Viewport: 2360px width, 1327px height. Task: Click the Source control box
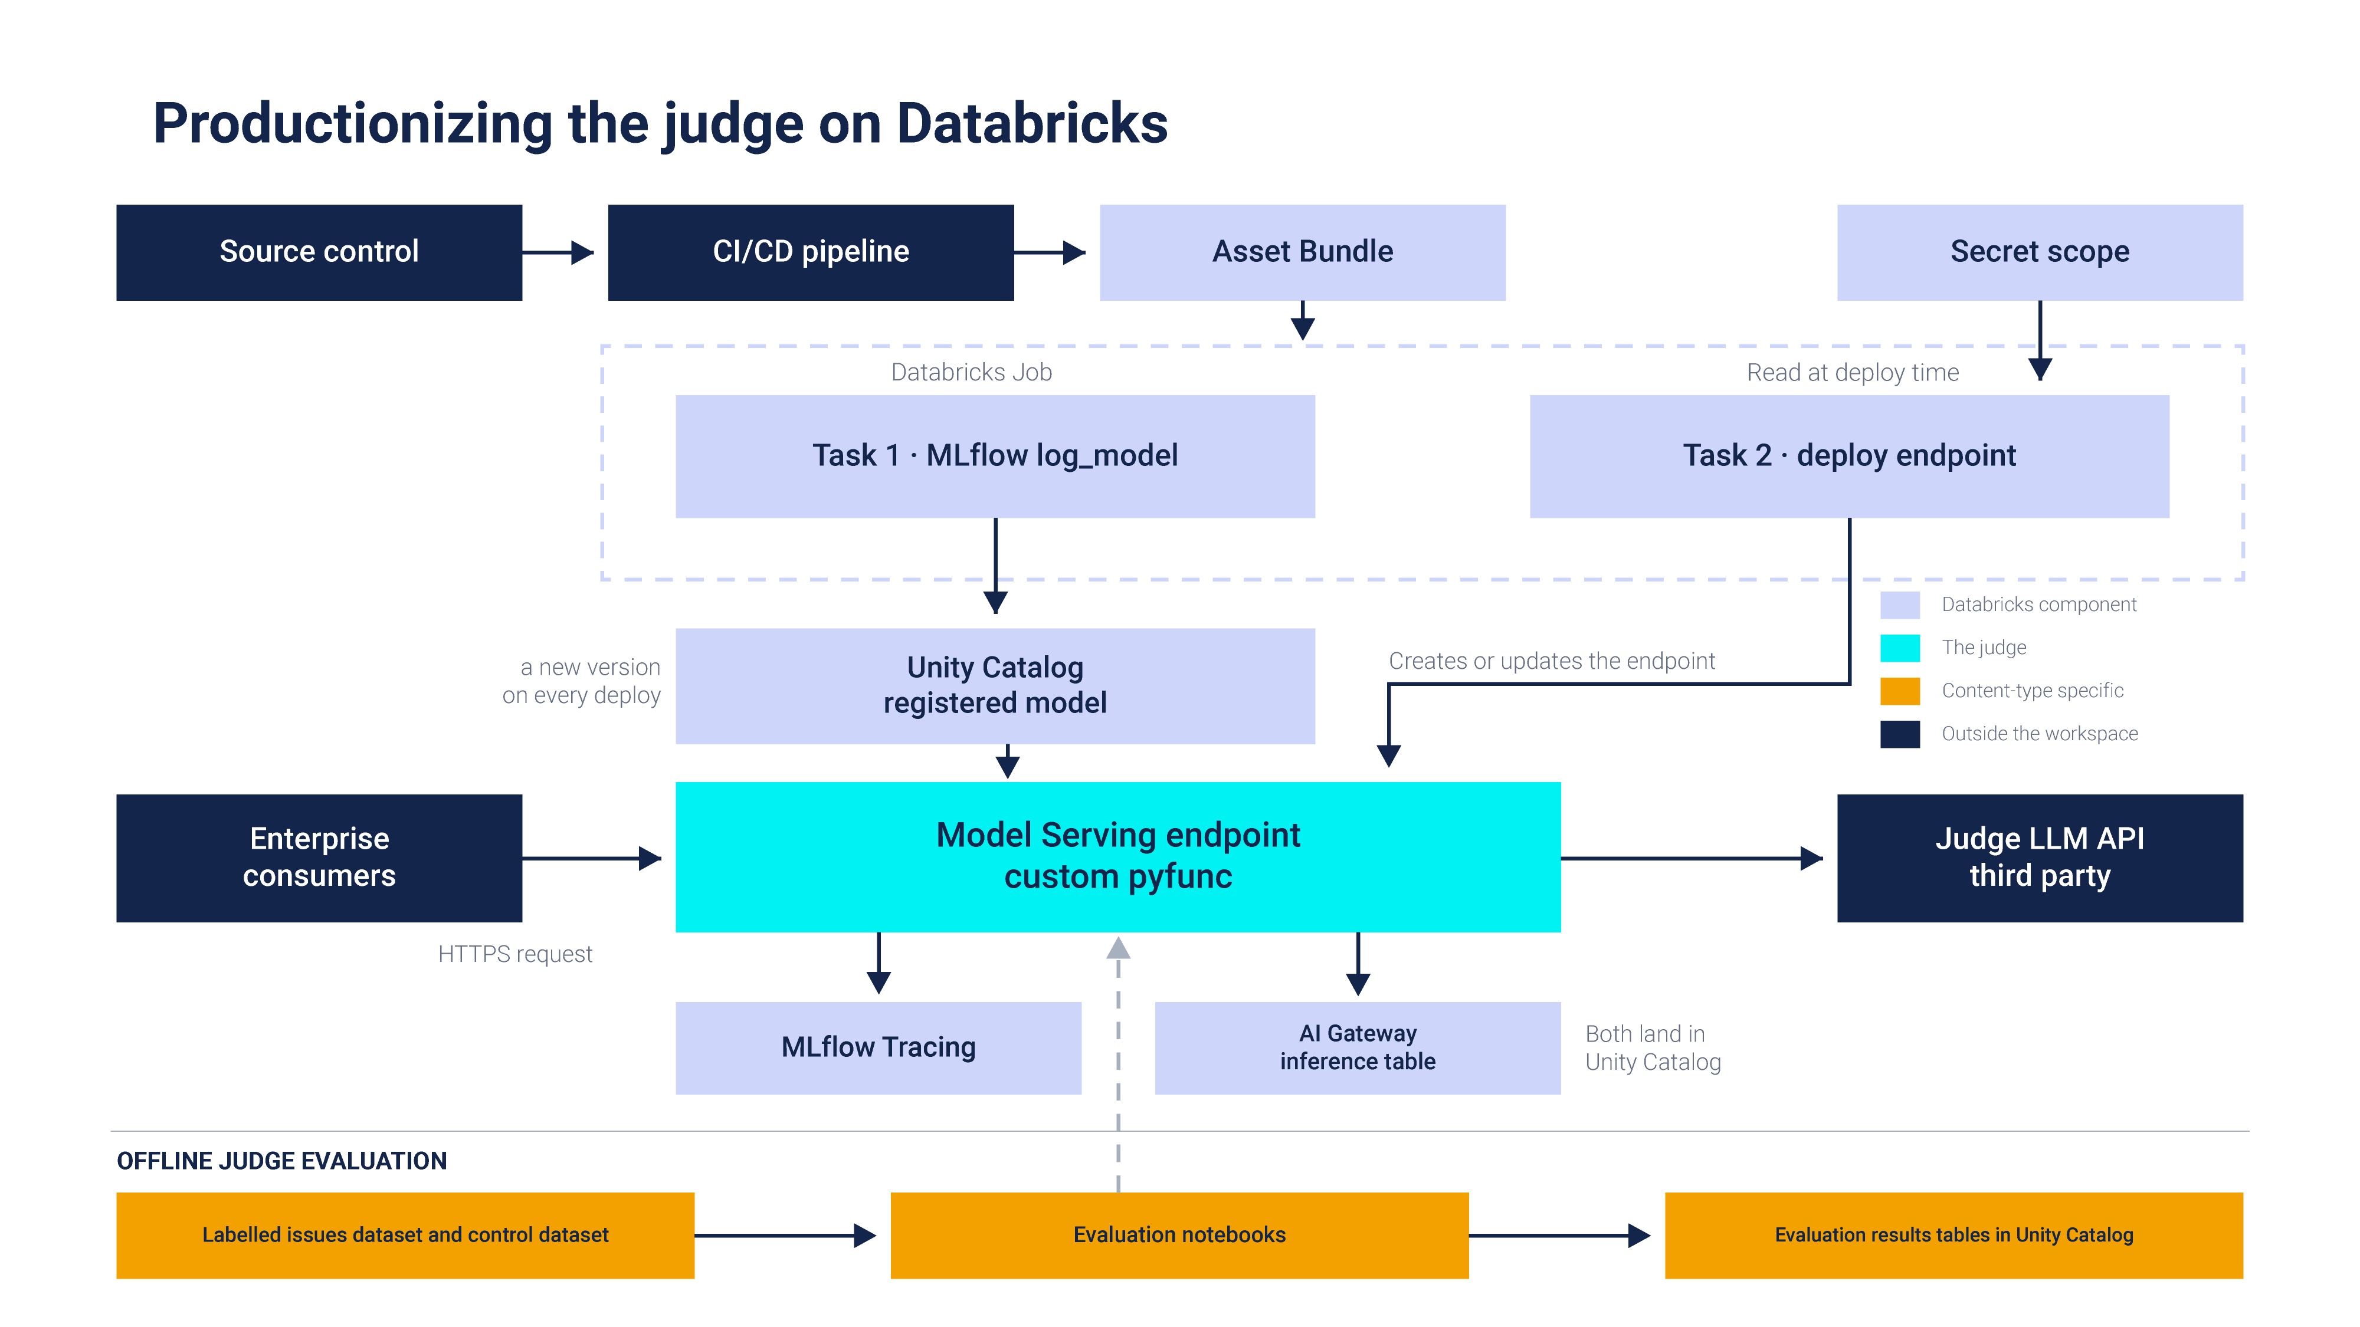coord(319,252)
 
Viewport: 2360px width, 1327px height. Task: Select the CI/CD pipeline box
coord(811,252)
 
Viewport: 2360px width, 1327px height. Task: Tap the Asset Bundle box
coord(1302,252)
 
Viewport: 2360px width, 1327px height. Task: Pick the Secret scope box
coord(2040,252)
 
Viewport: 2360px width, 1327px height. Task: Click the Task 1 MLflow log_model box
coord(995,456)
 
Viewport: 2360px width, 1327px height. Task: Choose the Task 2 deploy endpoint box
coord(1849,456)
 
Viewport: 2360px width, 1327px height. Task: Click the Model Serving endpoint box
coord(1117,856)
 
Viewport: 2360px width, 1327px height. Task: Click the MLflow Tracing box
coord(878,1047)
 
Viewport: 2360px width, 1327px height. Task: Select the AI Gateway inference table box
coord(1357,1047)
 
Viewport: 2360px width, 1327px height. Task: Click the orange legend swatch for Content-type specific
coord(1899,691)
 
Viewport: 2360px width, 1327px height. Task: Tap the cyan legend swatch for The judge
coord(1899,648)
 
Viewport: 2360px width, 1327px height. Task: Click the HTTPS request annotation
coord(515,954)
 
